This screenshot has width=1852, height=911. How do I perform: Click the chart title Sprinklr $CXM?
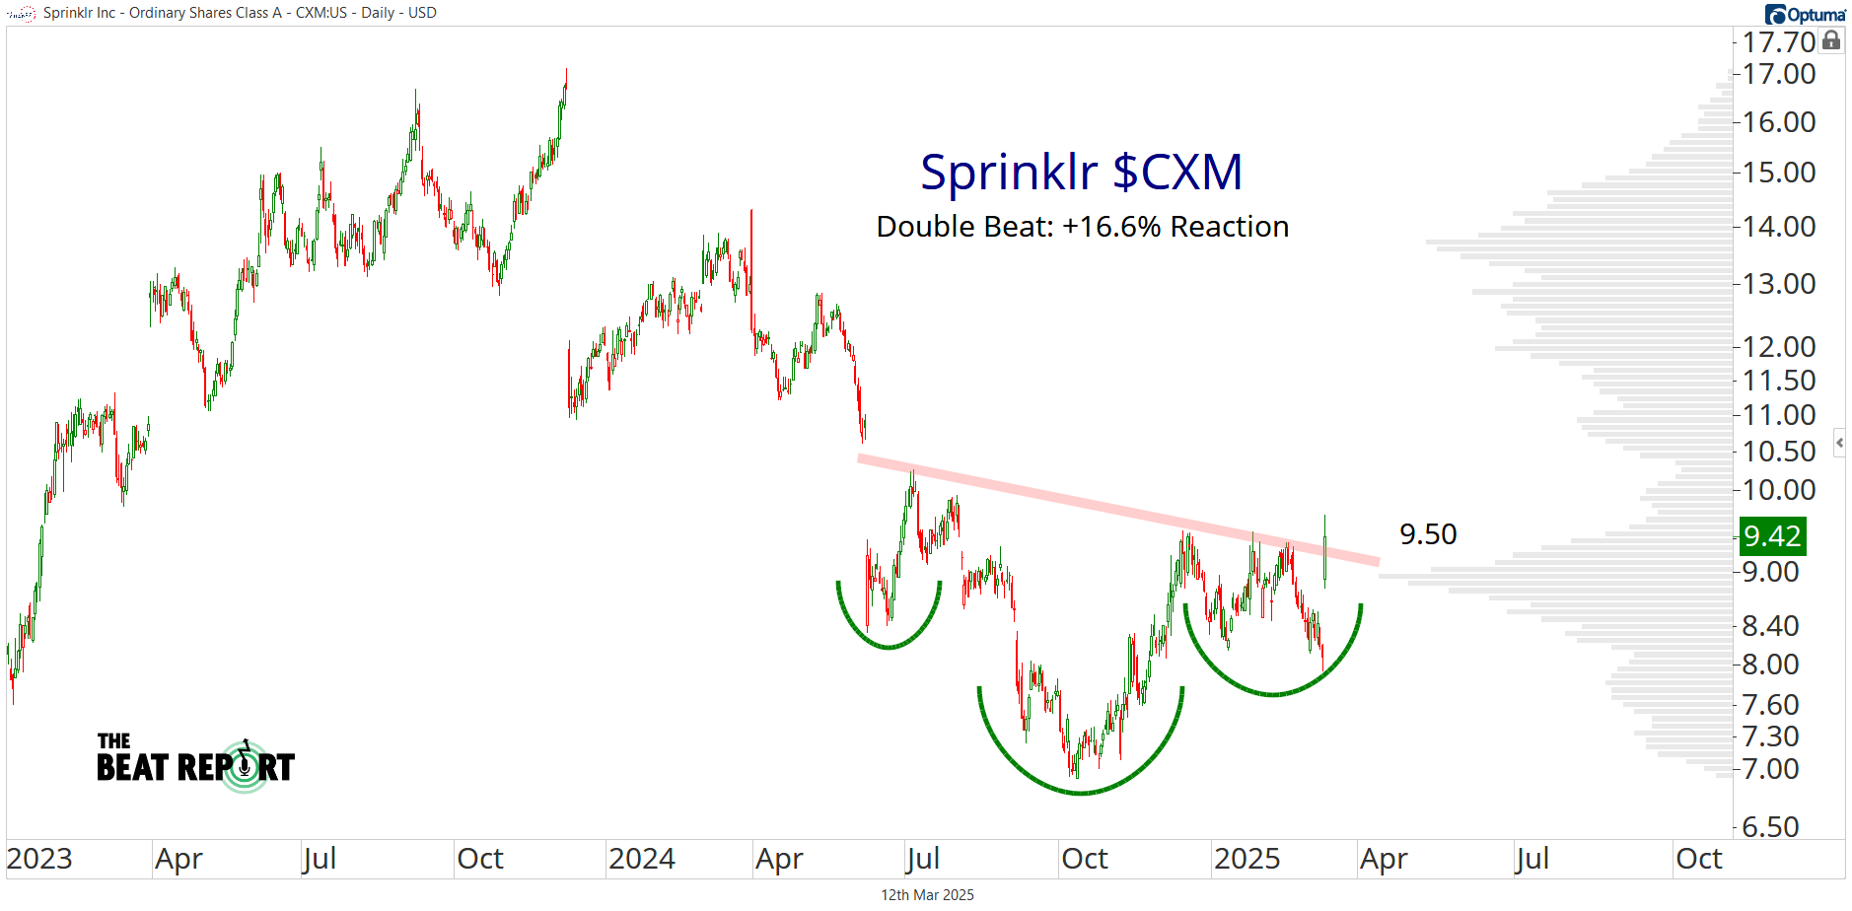pos(1081,173)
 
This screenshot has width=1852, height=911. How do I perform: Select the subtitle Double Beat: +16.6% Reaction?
pos(1082,227)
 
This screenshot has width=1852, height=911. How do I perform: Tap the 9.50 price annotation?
pos(1427,534)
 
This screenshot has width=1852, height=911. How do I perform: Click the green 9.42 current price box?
pos(1772,536)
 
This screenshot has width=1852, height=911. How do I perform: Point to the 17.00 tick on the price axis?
pos(1778,74)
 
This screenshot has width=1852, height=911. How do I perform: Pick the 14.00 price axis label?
pos(1778,227)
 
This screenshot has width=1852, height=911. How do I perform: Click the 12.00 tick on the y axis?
pos(1778,347)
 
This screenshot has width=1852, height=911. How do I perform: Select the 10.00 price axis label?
pos(1778,490)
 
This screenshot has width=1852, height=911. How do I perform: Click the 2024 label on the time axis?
pos(641,859)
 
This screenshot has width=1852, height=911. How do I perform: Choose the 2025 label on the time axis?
pos(1247,859)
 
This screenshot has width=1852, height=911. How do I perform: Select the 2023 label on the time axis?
pos(39,859)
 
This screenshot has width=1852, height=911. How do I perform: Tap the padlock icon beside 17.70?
pos(1831,40)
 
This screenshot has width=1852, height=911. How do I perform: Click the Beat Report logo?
pos(195,761)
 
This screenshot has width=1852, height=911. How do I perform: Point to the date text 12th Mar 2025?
pos(927,895)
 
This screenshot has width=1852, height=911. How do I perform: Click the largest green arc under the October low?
pos(1081,792)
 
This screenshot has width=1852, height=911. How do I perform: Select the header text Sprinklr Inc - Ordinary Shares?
pos(163,13)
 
